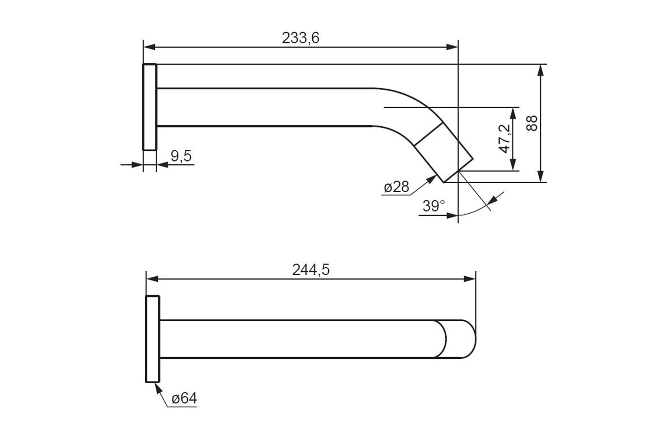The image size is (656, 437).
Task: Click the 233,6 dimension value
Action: point(300,38)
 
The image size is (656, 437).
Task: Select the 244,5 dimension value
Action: point(311,270)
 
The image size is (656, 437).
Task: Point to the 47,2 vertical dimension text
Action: point(504,139)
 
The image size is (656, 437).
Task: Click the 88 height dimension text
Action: point(532,123)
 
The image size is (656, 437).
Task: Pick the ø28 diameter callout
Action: point(397,187)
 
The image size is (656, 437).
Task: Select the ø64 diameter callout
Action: point(185,399)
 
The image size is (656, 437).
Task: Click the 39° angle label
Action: point(433,206)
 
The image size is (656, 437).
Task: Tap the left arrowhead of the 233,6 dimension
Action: point(150,47)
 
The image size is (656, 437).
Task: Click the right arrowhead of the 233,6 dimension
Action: point(452,47)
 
